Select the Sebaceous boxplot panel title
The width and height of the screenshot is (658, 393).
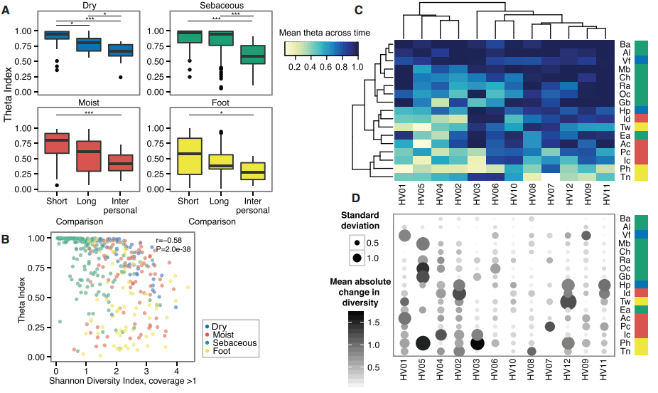(x=194, y=4)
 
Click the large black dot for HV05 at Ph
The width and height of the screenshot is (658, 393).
(x=423, y=343)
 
